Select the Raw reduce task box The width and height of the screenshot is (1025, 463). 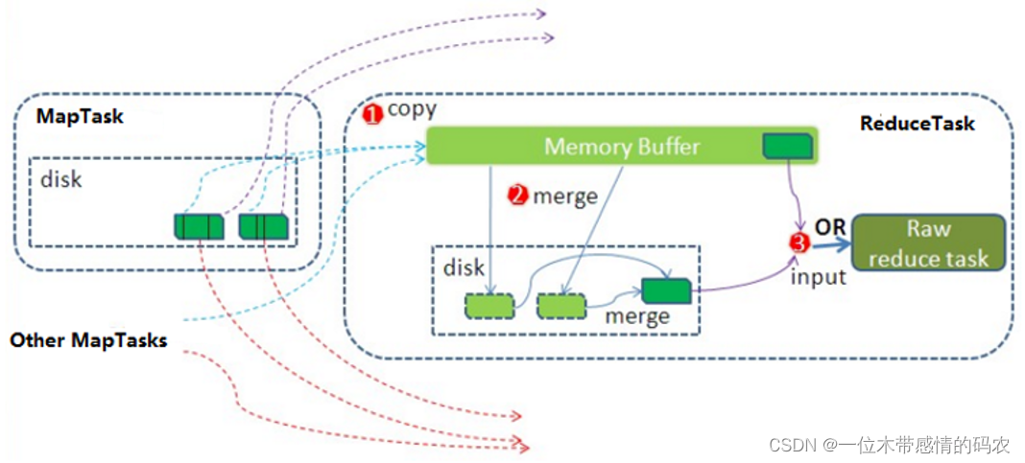pos(928,243)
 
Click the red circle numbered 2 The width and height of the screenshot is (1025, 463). pos(518,197)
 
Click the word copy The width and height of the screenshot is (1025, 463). pos(412,108)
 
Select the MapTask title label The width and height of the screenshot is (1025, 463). pos(81,116)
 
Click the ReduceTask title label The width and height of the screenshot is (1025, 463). pos(917,123)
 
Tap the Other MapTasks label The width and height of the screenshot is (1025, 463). pos(88,340)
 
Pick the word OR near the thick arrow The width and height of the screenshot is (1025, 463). pos(829,227)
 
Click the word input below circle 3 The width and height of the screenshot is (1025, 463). pos(818,277)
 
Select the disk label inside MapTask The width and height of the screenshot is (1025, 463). pos(60,179)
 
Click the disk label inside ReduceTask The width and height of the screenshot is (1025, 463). pos(464,267)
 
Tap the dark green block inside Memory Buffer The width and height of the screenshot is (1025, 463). pos(788,146)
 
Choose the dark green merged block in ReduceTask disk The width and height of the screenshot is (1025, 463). pos(667,289)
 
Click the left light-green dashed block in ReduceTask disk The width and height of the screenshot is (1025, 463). pos(489,306)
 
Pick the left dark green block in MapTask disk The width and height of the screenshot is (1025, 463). pos(199,226)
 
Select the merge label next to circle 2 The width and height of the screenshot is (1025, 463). pos(565,197)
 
